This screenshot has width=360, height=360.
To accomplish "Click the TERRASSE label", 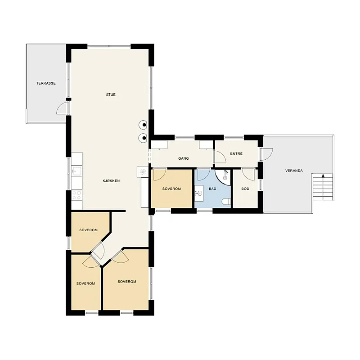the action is (x=46, y=83).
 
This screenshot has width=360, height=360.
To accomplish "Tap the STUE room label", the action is (x=111, y=94).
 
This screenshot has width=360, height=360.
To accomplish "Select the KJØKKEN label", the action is (x=111, y=181).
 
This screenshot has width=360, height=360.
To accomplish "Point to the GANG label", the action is (x=184, y=158).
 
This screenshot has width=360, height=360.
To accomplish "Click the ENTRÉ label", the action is (x=236, y=153).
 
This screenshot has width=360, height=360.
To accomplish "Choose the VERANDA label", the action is (x=294, y=171).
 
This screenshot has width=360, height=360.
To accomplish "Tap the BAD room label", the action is (x=212, y=189).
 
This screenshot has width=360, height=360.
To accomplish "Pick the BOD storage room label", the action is (x=245, y=189).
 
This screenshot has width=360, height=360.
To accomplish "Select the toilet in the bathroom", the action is (x=226, y=202).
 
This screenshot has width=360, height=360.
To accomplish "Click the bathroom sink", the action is (x=199, y=193).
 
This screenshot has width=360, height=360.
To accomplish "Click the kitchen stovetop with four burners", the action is (x=76, y=195).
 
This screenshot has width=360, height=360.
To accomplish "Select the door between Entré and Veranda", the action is (x=267, y=154).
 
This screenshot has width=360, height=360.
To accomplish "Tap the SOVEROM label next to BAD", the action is (x=171, y=189).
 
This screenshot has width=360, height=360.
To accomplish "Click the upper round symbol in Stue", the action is (x=143, y=125).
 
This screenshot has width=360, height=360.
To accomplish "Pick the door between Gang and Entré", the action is (x=220, y=157).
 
